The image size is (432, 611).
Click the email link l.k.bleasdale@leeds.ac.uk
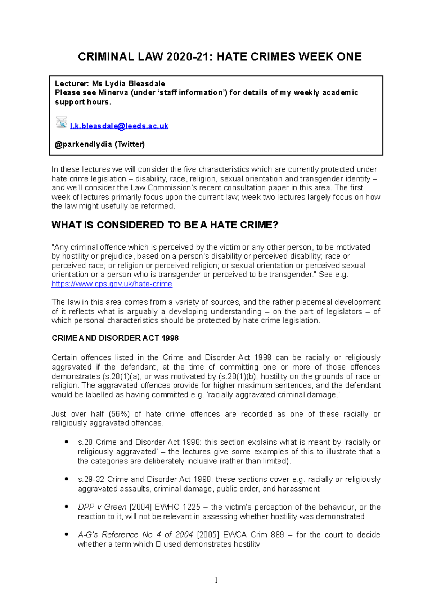[119, 126]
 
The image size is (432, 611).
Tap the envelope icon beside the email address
[61, 122]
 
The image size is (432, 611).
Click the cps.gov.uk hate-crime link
[112, 284]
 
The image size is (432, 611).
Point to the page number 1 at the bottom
[216, 580]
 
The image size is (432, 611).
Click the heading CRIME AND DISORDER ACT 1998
[115, 338]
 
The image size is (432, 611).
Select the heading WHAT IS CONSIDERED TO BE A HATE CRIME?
[165, 225]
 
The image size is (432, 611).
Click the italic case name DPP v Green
[102, 507]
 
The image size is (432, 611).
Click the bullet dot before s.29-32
[66, 479]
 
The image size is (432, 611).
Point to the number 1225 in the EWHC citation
[191, 507]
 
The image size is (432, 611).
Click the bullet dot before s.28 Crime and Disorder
[66, 442]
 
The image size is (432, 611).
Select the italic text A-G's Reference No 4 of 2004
[135, 535]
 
